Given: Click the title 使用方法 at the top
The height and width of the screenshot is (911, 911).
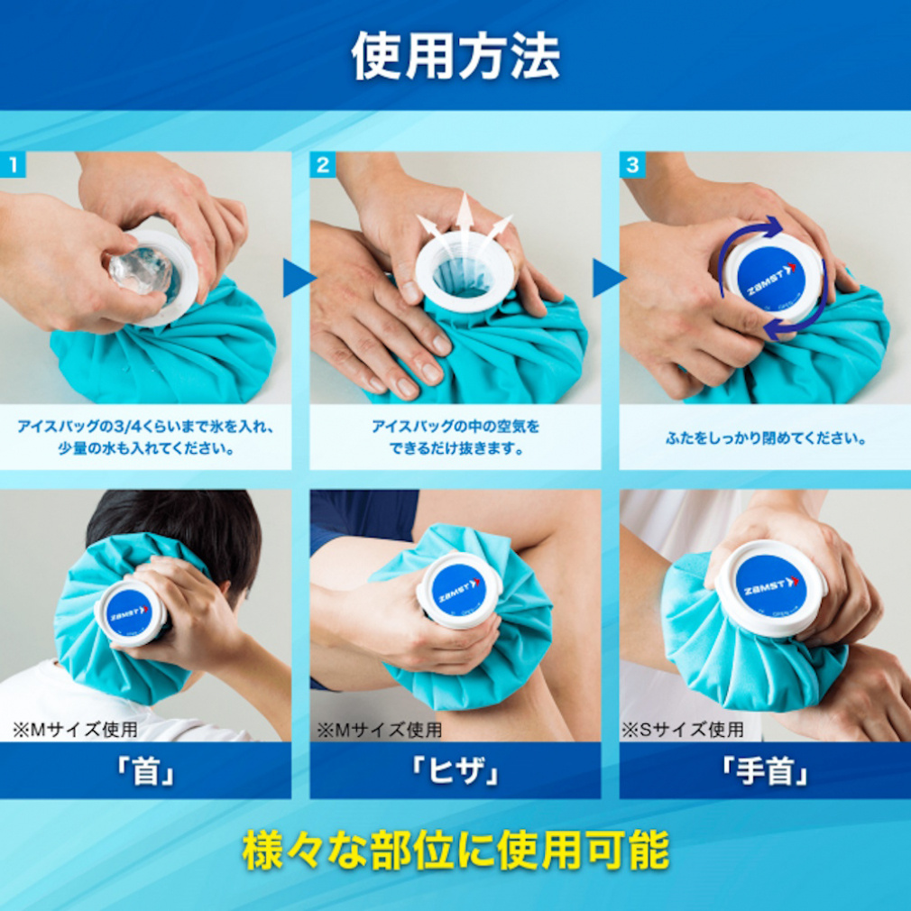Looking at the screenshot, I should coord(455,56).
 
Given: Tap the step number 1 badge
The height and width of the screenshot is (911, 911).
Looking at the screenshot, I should coord(13,165).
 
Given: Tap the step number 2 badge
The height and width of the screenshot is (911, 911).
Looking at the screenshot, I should coord(322,165).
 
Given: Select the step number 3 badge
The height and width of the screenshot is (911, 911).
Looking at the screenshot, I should coord(631,165).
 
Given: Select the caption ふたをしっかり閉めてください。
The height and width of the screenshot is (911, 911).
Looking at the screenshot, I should coord(765,440).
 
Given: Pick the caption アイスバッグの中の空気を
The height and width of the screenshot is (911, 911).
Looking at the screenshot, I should coord(455,427).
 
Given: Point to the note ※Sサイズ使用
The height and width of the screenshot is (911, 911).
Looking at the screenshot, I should coord(683,729).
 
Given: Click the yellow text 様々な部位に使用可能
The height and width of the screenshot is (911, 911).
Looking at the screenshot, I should coord(455,851).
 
